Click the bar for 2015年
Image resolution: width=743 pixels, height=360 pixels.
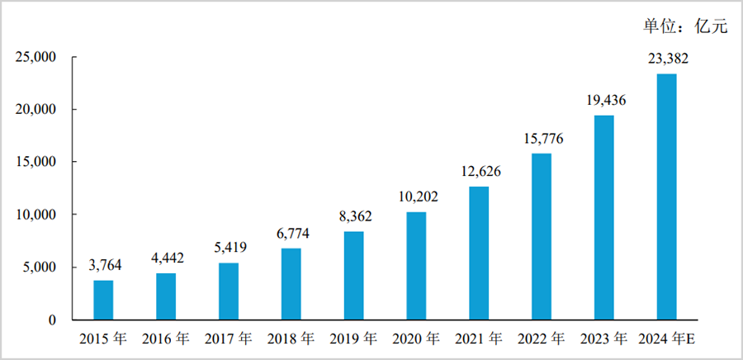103,300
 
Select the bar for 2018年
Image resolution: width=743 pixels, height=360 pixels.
291,284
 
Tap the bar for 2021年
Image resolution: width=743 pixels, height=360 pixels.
479,253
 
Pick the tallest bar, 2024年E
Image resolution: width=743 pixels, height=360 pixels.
666,197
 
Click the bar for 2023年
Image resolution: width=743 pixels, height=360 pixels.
603,217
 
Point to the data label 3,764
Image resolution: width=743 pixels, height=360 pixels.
103,266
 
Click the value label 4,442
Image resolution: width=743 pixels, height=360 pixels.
166,258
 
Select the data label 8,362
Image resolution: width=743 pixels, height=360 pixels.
353,217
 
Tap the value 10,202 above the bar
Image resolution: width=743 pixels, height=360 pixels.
416,197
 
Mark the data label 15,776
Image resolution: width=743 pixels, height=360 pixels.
542,139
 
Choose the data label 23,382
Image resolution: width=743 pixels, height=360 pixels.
666,59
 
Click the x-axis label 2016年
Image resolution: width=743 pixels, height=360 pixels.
166,339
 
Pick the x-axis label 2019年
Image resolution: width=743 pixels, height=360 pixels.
353,339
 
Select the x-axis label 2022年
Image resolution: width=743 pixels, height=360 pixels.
542,339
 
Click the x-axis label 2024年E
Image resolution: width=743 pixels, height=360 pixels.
670,339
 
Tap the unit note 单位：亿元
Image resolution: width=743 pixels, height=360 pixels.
685,26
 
